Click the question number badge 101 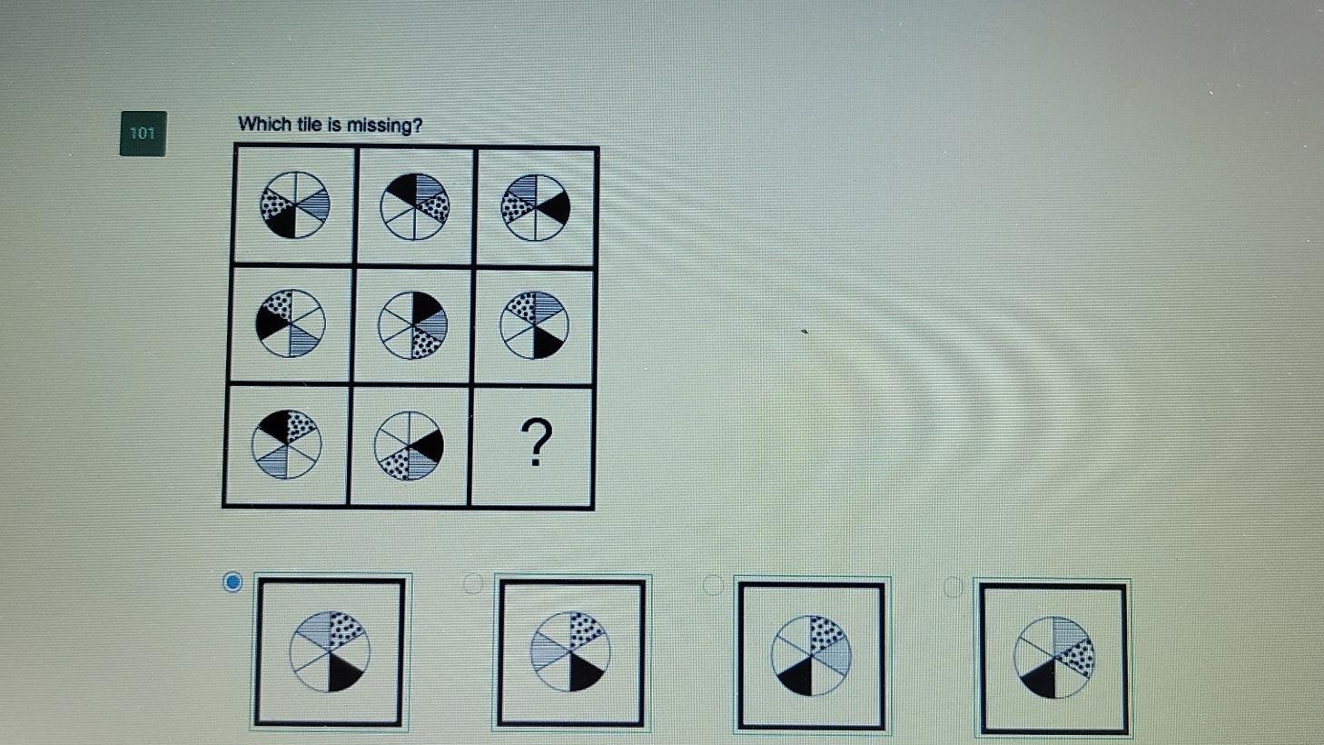[x=143, y=134]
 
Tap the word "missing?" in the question [x=389, y=125]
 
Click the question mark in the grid [x=538, y=442]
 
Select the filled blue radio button [x=232, y=582]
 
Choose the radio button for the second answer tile [x=473, y=583]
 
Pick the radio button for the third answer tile [x=713, y=584]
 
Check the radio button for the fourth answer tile [x=953, y=587]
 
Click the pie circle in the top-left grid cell [x=295, y=205]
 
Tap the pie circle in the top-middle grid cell [x=414, y=206]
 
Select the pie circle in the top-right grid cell [x=536, y=208]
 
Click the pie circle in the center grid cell [x=413, y=324]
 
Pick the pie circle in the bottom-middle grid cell [x=409, y=445]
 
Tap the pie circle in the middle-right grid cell [x=535, y=324]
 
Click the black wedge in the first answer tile [x=344, y=671]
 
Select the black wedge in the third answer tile [x=796, y=676]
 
